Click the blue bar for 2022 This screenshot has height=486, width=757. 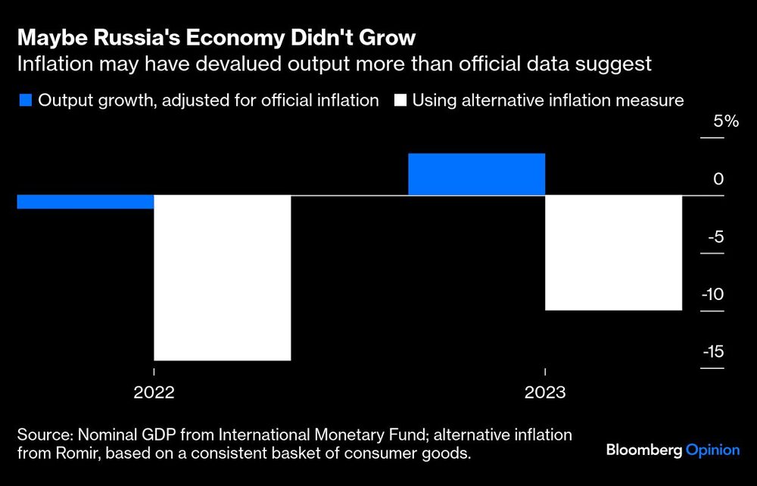85,202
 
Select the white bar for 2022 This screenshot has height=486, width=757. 223,277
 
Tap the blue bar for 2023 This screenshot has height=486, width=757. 476,175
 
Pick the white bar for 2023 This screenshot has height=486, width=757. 614,252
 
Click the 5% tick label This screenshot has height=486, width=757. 712,122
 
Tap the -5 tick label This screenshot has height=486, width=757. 713,237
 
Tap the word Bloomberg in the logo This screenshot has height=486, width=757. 643,450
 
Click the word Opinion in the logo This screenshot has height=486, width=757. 712,450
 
